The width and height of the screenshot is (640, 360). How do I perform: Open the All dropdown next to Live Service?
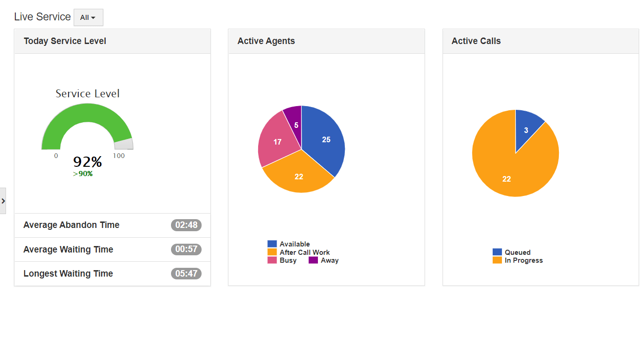click(x=88, y=18)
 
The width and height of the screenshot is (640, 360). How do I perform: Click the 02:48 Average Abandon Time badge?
click(x=186, y=225)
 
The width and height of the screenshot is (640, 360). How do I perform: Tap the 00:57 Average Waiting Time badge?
click(x=186, y=249)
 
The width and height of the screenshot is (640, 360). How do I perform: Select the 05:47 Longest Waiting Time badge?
click(x=186, y=274)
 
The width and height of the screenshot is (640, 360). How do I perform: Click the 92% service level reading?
click(x=88, y=162)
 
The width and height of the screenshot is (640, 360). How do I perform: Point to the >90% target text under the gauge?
click(x=83, y=174)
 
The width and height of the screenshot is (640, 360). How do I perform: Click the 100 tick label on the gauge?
click(x=119, y=156)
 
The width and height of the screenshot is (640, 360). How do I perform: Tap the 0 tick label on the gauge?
click(x=56, y=156)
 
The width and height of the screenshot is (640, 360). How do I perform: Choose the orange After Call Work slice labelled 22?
click(x=299, y=176)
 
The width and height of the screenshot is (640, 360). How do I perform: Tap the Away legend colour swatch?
click(x=313, y=260)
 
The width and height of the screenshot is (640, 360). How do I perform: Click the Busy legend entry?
click(x=288, y=260)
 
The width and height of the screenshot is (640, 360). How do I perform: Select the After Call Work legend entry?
click(x=304, y=253)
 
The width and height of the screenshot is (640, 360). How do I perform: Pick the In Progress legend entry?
click(x=523, y=260)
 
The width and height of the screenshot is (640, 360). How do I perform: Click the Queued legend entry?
click(x=517, y=253)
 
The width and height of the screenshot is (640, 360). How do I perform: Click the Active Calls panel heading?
click(x=476, y=41)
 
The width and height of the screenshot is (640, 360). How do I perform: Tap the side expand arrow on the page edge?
click(x=3, y=201)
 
